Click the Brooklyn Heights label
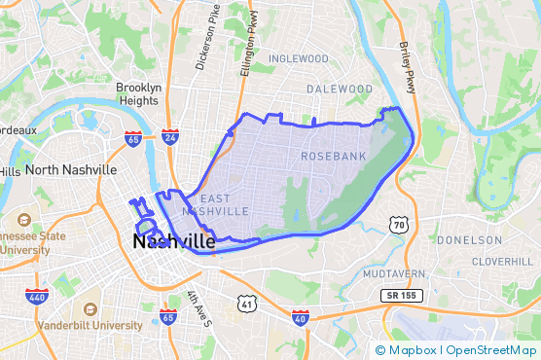tap(138, 93)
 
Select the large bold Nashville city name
tap(174, 241)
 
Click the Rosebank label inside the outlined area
tap(331, 156)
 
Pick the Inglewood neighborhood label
tap(299, 58)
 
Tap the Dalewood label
tap(340, 89)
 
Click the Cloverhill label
tap(503, 262)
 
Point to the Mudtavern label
tap(394, 274)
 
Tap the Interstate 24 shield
tap(170, 137)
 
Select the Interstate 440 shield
tap(36, 297)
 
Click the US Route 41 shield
tap(248, 305)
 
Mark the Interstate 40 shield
tap(301, 318)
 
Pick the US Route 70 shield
tap(398, 225)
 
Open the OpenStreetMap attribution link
tap(490, 350)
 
